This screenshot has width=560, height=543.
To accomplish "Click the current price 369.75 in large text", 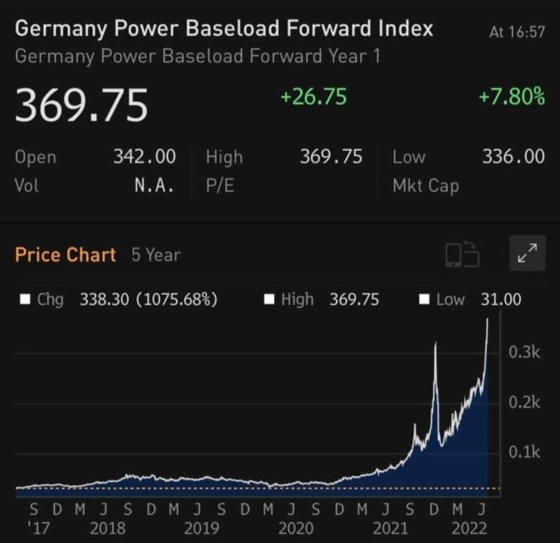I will click(81, 106).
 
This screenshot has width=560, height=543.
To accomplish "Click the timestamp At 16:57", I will click(517, 33).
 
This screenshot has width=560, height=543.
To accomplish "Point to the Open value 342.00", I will click(144, 157).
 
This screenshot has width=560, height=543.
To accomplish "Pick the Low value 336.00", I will click(513, 157).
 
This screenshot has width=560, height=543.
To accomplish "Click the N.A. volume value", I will click(154, 186).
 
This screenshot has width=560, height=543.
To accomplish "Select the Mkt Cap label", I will click(425, 186).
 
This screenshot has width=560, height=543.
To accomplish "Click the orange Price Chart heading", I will click(66, 255).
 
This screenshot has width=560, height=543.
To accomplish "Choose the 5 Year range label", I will click(155, 255).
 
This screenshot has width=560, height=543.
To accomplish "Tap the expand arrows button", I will click(527, 255).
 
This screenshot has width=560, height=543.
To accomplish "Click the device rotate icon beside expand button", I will click(461, 256).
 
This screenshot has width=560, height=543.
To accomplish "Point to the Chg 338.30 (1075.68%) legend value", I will click(148, 299).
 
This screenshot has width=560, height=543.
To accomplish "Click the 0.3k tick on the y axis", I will click(525, 352).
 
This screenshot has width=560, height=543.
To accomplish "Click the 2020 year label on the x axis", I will click(296, 527).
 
